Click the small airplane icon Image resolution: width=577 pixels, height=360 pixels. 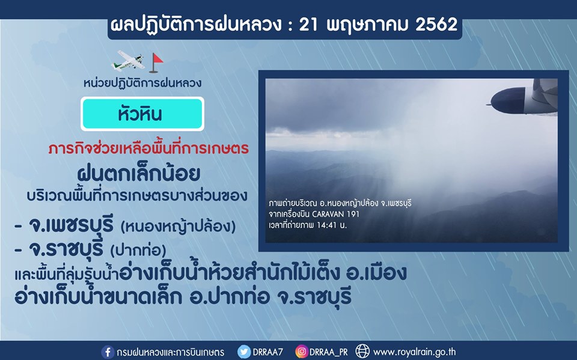127,61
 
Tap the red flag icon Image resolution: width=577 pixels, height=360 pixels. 156,63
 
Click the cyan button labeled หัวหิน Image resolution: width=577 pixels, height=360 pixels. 142,114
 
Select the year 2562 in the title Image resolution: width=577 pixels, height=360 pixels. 436,24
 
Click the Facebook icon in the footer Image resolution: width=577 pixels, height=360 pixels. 108,352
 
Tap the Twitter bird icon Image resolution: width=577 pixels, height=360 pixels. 243,352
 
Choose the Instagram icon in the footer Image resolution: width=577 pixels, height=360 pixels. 301,352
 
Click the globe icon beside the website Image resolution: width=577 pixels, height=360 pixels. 362,352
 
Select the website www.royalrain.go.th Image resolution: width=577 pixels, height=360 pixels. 414,352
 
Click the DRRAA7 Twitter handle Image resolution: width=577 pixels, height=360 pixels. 267,352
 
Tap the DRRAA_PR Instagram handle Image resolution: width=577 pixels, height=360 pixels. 328,352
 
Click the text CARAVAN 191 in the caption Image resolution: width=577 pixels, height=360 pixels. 335,214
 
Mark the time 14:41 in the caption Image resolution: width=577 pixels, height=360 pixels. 326,225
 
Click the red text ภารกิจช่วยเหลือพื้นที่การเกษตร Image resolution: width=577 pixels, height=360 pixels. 148,148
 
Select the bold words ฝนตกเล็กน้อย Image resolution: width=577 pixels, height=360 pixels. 138,174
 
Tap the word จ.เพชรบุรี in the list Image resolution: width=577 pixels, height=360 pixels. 71,225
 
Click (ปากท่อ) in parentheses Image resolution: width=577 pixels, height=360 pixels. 138,251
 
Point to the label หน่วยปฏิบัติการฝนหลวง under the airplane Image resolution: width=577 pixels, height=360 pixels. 142,83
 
